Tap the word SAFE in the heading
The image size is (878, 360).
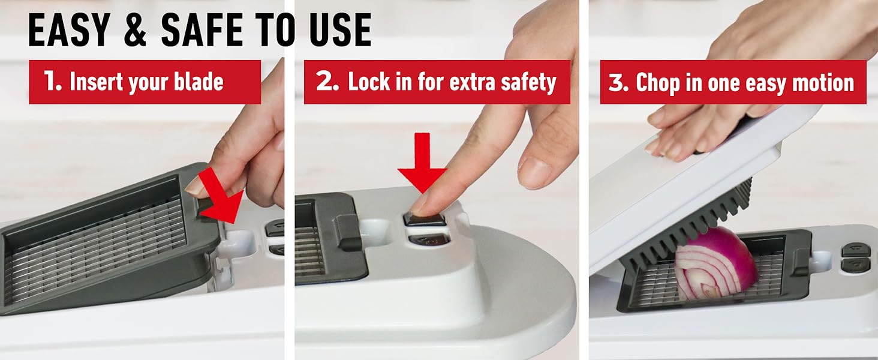202,30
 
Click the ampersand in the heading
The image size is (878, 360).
135,30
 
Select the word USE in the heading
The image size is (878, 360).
340,30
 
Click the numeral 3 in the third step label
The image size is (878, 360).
618,82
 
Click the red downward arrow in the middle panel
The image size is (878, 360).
422,163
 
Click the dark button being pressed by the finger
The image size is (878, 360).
425,219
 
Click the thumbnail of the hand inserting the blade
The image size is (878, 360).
194,188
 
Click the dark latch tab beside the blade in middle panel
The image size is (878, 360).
348,233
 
